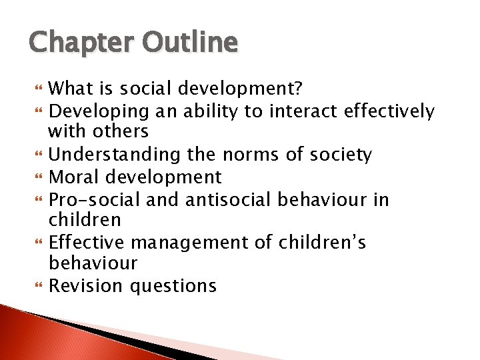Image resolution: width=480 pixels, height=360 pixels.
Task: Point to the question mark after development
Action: point(299,88)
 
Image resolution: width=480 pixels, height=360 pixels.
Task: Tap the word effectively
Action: point(389,111)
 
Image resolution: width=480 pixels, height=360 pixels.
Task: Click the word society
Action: point(356,155)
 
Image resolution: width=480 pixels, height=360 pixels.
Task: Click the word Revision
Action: point(87,286)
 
